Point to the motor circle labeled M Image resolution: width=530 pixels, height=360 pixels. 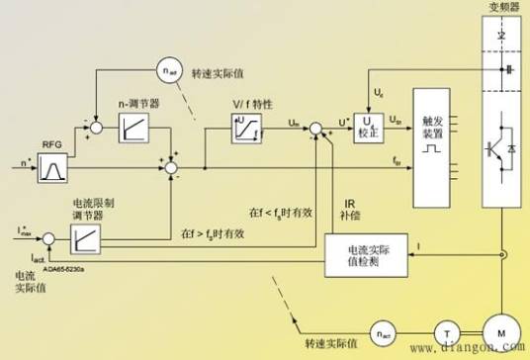point(502,331)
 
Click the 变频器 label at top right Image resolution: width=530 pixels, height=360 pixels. point(503,8)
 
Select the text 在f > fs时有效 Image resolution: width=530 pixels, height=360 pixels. point(212,233)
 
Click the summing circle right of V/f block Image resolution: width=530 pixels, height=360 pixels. point(314,128)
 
